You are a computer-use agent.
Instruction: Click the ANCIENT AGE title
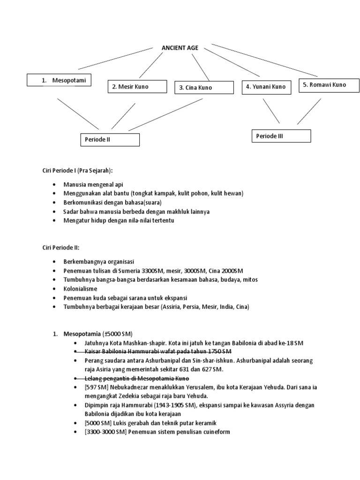coord(180,48)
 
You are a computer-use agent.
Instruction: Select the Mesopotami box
coord(59,80)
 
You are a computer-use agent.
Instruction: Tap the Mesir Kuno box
coord(137,87)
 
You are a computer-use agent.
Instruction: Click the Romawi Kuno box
coord(328,85)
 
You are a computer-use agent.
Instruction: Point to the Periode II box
coord(110,140)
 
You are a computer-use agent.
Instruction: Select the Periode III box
coord(281,136)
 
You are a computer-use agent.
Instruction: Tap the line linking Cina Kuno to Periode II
coord(166,114)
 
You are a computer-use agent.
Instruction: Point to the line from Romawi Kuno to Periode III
coord(309,111)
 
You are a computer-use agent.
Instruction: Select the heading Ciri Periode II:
coord(64,247)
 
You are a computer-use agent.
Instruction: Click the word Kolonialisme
coord(80,288)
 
